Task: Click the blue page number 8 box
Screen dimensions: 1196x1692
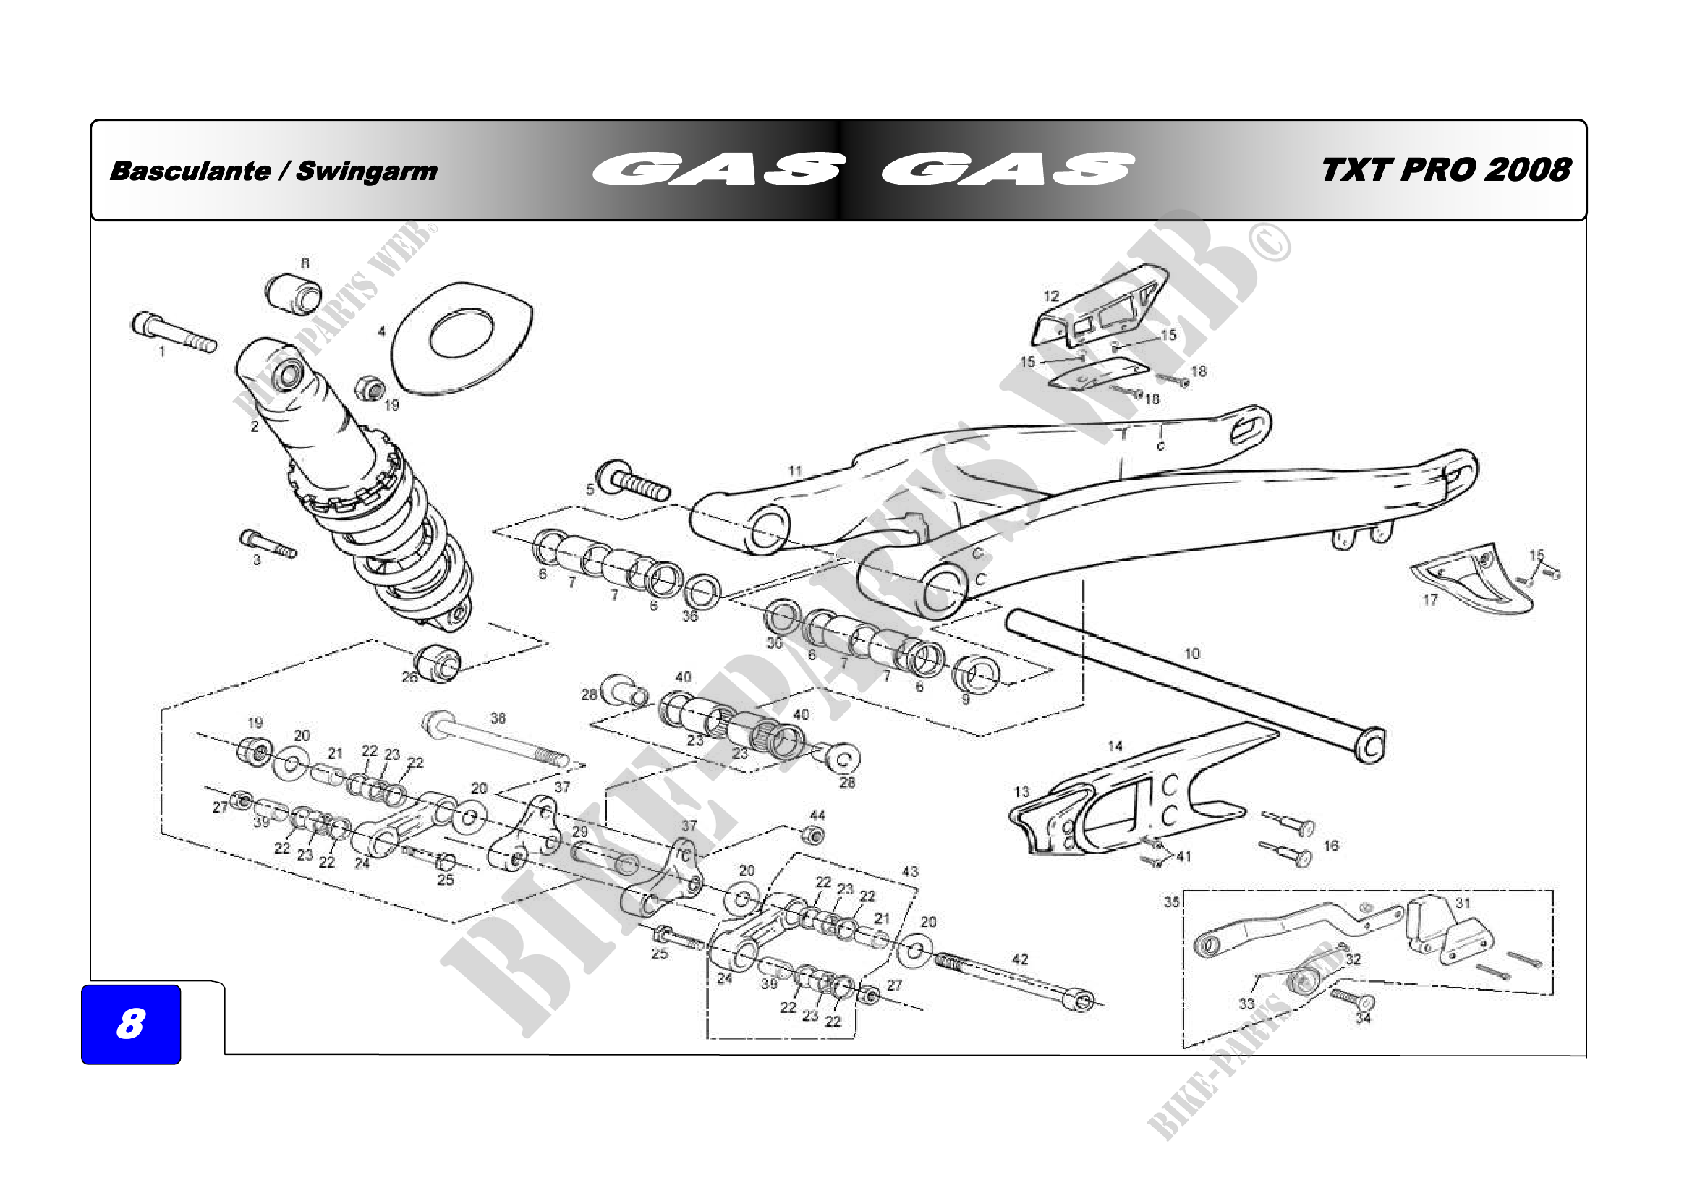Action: (130, 1024)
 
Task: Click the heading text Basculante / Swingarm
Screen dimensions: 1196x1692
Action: (273, 171)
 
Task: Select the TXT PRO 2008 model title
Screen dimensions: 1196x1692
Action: (1446, 170)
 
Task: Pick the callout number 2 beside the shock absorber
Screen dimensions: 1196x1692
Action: (255, 427)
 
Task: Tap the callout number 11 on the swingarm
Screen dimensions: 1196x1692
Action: (794, 471)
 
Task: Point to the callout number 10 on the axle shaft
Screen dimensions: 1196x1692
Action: (1191, 653)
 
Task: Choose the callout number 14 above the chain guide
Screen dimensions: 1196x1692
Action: (1115, 747)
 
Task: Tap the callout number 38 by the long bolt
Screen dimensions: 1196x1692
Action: (498, 718)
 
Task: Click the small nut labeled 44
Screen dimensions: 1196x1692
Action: (813, 836)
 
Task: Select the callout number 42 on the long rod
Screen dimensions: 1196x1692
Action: (1020, 959)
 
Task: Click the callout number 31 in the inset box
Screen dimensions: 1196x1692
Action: (1463, 903)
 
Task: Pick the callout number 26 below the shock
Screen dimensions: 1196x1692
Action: (409, 677)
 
